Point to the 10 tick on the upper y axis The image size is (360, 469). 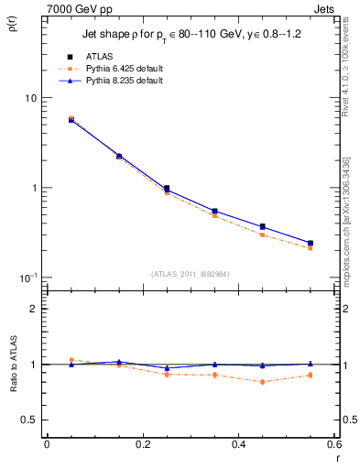coord(30,98)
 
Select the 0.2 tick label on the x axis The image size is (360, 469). coord(142,444)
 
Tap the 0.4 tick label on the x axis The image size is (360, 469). coord(238,444)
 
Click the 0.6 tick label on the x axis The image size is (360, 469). coord(333,444)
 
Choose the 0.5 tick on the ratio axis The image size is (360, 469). coord(29,420)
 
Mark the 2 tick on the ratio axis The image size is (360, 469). coord(34,309)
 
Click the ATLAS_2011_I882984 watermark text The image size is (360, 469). coord(190,273)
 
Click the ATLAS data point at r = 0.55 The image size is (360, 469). coord(310,243)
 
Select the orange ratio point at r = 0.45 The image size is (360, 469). coord(262,381)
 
